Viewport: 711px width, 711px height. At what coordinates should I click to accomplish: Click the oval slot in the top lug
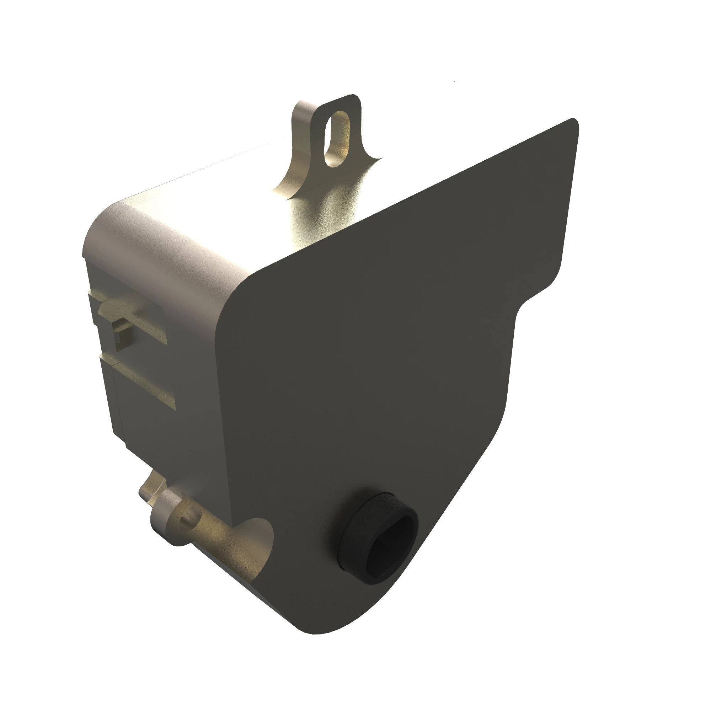coord(337,139)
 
